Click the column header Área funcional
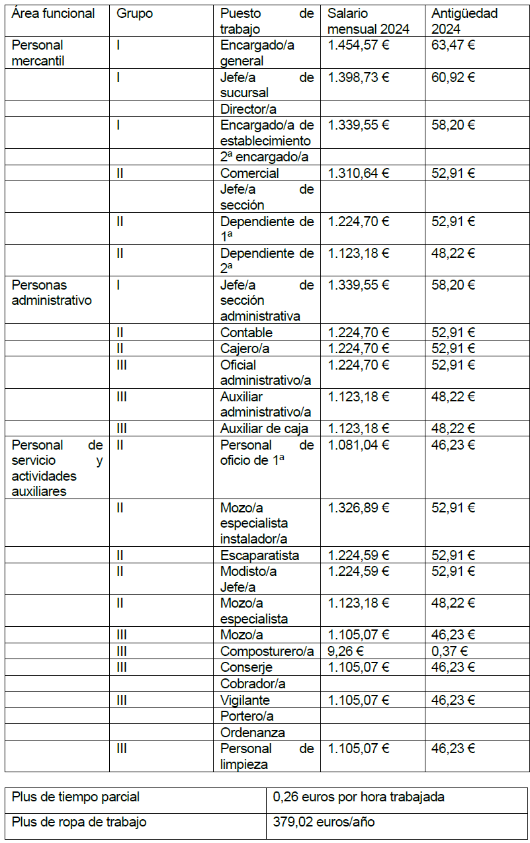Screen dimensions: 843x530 pyautogui.click(x=54, y=13)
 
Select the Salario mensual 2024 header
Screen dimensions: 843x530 pyautogui.click(x=369, y=21)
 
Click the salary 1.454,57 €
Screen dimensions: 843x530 pyautogui.click(x=359, y=46)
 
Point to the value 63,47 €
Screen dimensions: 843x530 pyautogui.click(x=453, y=46)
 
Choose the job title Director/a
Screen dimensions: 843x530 pyautogui.click(x=249, y=109)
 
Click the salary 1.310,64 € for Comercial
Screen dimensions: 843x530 pyautogui.click(x=359, y=173)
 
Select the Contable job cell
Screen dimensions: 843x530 pyautogui.click(x=246, y=333)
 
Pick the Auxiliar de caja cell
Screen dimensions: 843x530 pyautogui.click(x=264, y=428)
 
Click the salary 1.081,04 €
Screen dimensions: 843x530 pyautogui.click(x=359, y=445)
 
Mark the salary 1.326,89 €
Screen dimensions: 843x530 pyautogui.click(x=359, y=508)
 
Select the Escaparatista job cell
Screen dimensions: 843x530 pyautogui.click(x=259, y=555)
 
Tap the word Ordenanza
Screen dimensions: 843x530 pyautogui.click(x=253, y=733)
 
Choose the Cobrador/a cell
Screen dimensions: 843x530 pyautogui.click(x=253, y=684)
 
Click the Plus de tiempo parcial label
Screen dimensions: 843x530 pyautogui.click(x=75, y=797)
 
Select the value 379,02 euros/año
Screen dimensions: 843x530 pyautogui.click(x=324, y=823)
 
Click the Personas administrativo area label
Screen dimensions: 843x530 pyautogui.click(x=52, y=293)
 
